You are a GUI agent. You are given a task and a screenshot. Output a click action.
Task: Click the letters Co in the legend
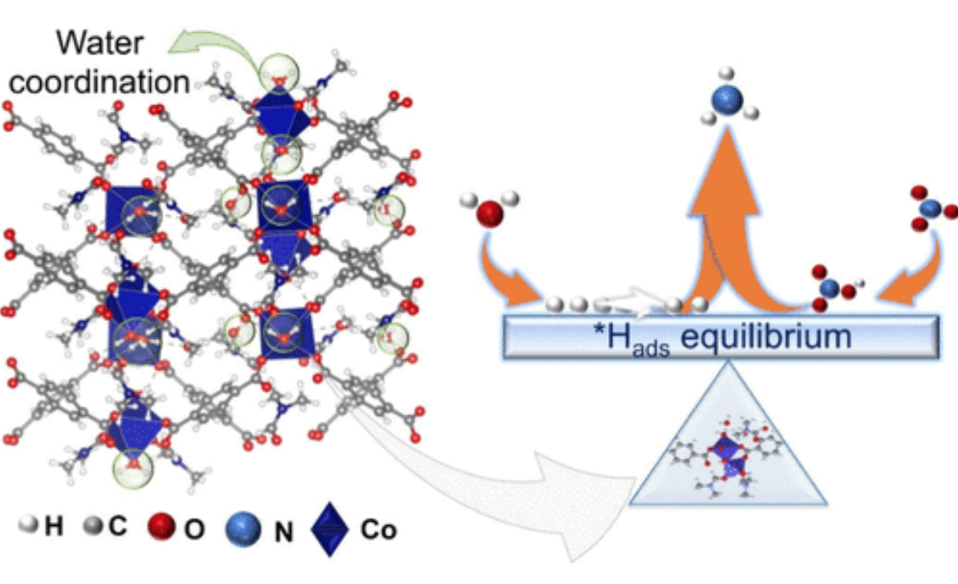[378, 530]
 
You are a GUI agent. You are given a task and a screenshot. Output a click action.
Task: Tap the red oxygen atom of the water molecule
[490, 214]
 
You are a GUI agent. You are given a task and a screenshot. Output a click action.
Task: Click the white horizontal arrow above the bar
[630, 303]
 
